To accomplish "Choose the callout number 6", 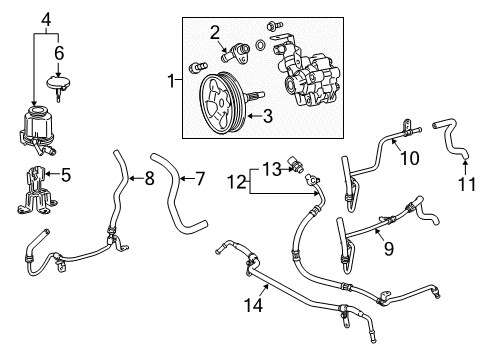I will click(59, 52).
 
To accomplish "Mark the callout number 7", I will click(199, 179).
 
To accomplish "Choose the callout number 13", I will click(271, 167).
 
